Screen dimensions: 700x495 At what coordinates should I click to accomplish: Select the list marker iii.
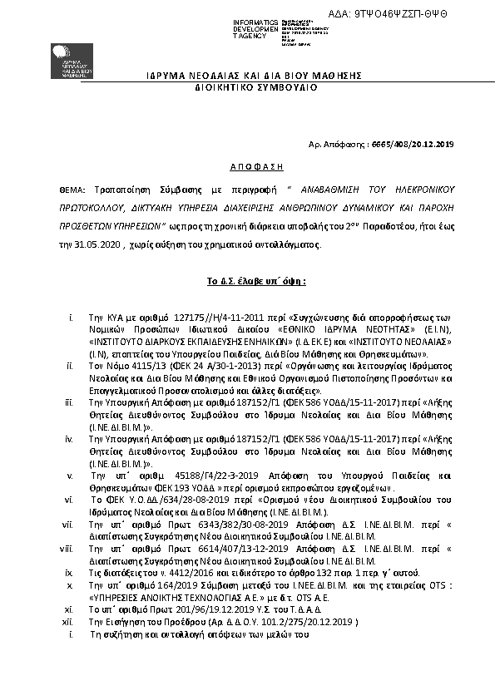click(x=72, y=402)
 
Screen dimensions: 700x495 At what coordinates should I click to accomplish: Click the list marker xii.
click(x=71, y=622)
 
